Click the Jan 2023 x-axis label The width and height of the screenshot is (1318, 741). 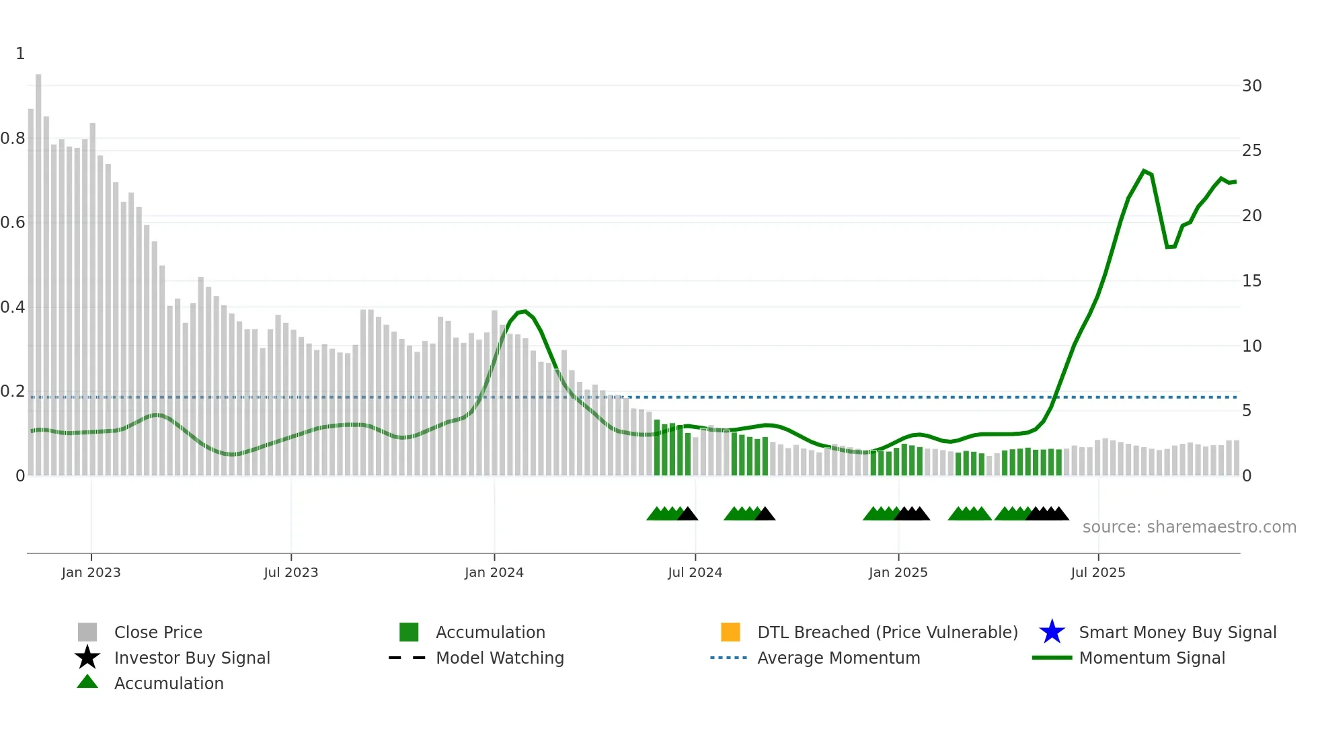pos(91,572)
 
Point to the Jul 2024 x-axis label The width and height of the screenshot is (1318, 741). pos(695,572)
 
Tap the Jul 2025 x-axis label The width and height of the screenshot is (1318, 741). pos(1097,572)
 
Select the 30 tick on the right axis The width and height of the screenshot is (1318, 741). pos(1251,86)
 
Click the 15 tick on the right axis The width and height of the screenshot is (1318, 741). pos(1251,281)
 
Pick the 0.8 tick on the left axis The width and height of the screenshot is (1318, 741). pos(13,139)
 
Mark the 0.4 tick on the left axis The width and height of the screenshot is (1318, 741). pos(13,307)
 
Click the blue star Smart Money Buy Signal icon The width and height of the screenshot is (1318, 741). pos(1052,632)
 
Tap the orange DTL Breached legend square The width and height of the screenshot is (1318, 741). pos(730,632)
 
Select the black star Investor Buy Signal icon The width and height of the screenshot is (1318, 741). pos(87,658)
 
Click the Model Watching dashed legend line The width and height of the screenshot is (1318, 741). pos(408,658)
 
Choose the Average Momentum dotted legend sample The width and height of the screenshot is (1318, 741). pos(729,658)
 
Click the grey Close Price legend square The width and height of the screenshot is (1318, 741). pos(87,632)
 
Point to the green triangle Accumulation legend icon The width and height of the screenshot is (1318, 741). pos(87,682)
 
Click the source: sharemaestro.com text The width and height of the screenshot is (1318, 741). pos(1189,527)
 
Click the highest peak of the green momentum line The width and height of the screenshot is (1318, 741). pos(1144,171)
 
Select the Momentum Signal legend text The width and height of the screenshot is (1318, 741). pos(1152,658)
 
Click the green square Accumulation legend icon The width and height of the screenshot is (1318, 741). pos(409,632)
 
